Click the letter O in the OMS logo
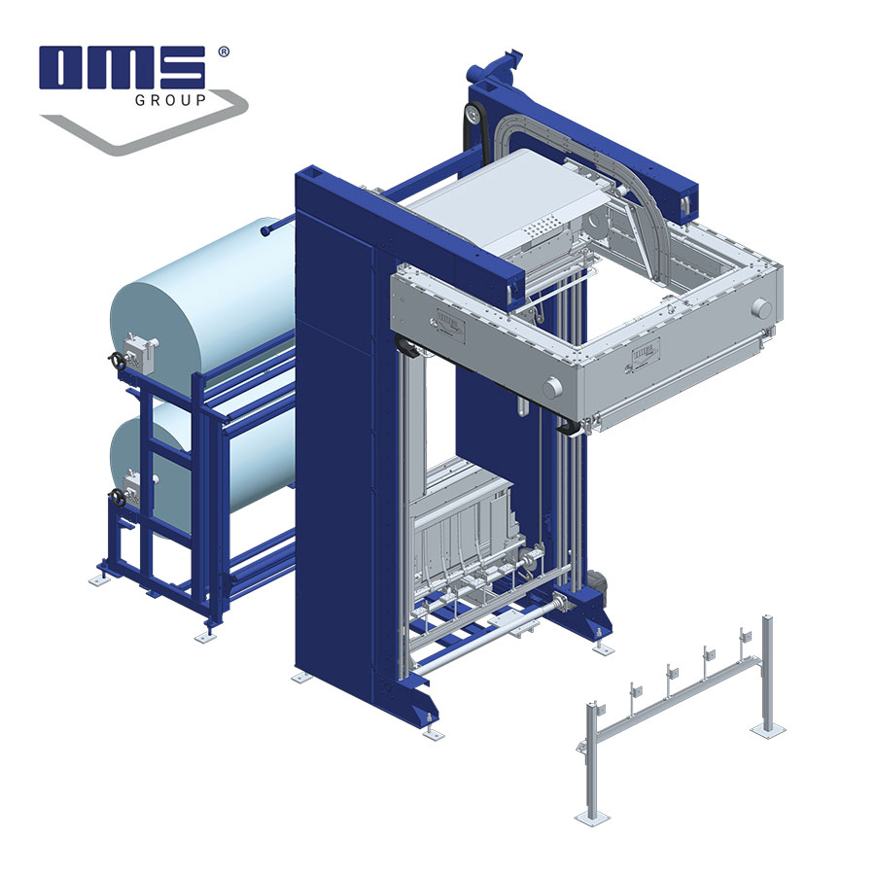(x=66, y=68)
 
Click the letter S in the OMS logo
(x=179, y=68)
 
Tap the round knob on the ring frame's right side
(x=761, y=308)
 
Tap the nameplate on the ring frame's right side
(x=647, y=347)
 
